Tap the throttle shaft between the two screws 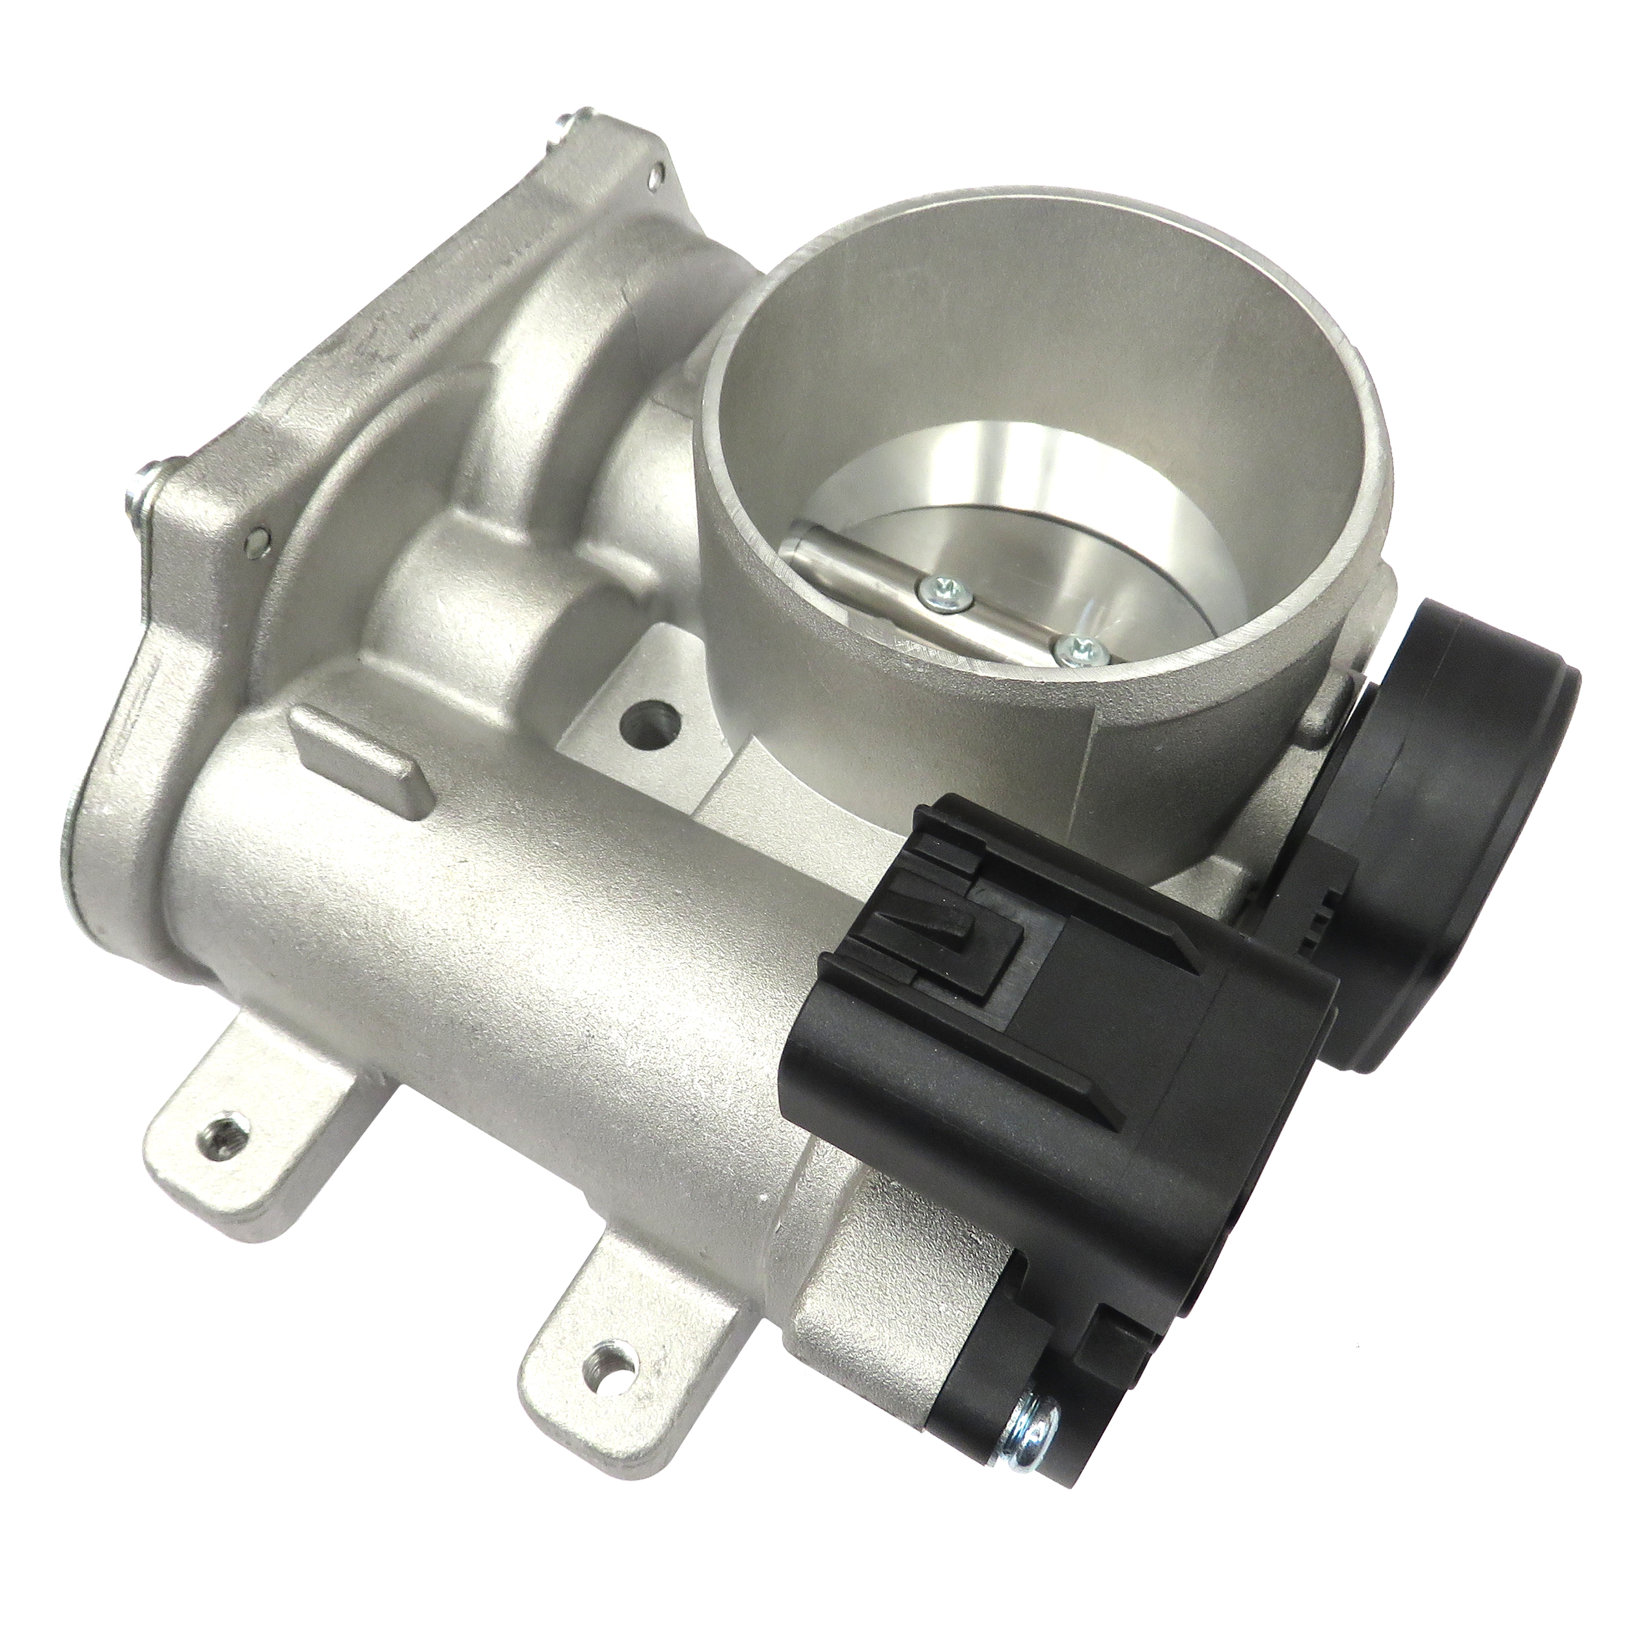[1002, 619]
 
